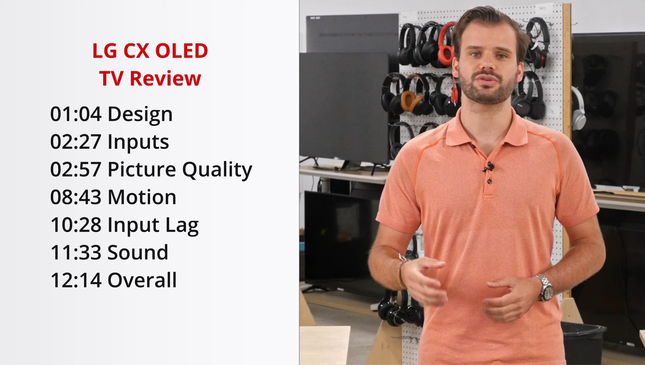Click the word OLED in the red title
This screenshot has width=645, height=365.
coord(182,51)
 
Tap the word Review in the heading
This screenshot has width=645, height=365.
coord(165,78)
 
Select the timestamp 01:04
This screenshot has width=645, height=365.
coord(76,114)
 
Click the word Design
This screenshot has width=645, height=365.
coord(140,114)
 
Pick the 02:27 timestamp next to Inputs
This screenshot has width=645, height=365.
coord(76,142)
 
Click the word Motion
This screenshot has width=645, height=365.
coord(142,197)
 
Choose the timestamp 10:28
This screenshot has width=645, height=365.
coord(76,225)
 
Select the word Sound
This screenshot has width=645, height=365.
coord(138,252)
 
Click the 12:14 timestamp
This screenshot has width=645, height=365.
coord(76,280)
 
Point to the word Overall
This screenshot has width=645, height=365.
coord(142,280)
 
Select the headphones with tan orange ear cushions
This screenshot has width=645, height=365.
coord(414,93)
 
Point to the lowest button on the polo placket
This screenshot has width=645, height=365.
coord(489,182)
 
